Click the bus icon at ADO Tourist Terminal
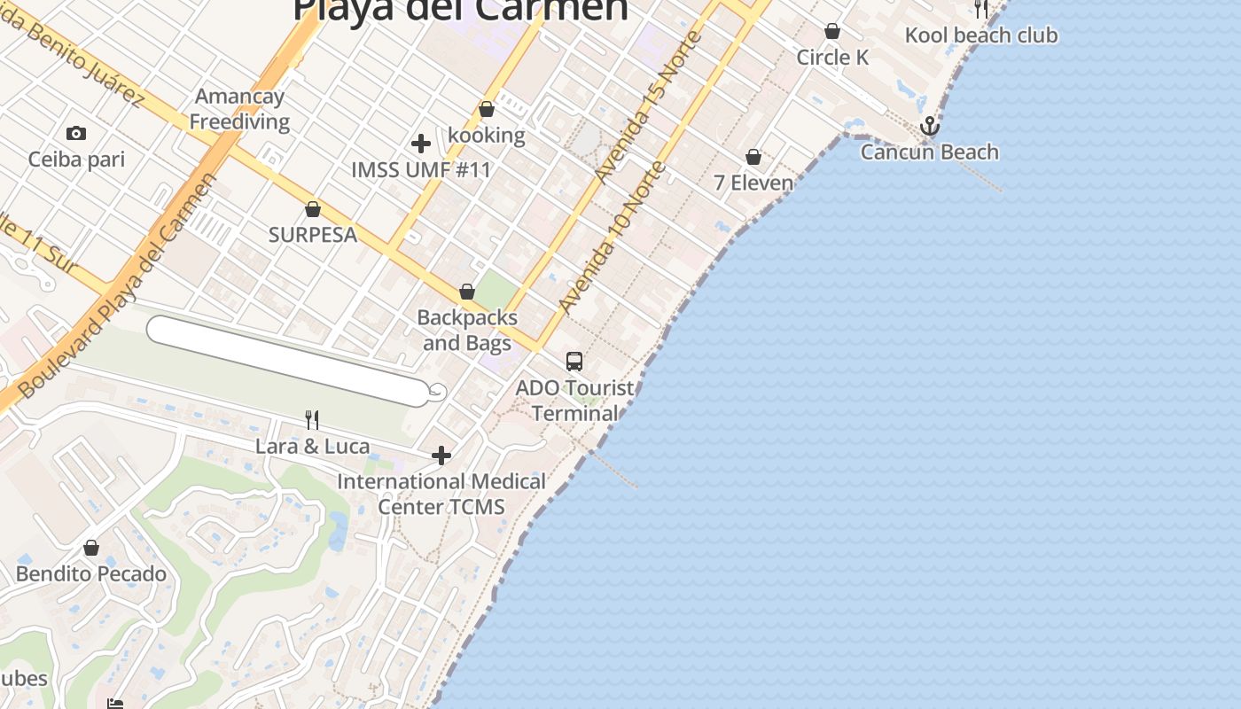pyautogui.click(x=574, y=362)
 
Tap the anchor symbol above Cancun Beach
pyautogui.click(x=929, y=126)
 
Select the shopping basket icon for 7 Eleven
pyautogui.click(x=753, y=158)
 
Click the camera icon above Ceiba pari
pyautogui.click(x=76, y=134)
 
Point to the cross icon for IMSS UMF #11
pyautogui.click(x=421, y=144)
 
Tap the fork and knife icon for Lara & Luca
pyautogui.click(x=311, y=419)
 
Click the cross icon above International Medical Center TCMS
pyautogui.click(x=441, y=456)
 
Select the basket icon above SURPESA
pyautogui.click(x=313, y=210)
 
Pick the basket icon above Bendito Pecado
pyautogui.click(x=91, y=549)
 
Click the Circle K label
pyautogui.click(x=832, y=58)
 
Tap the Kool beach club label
pyautogui.click(x=981, y=35)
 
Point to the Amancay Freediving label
pyautogui.click(x=239, y=109)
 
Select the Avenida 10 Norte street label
pyautogui.click(x=612, y=238)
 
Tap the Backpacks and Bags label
pyautogui.click(x=467, y=330)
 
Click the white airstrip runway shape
pyautogui.click(x=288, y=361)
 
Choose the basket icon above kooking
pyautogui.click(x=487, y=110)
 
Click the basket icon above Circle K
pyautogui.click(x=832, y=32)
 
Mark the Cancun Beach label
pyautogui.click(x=929, y=152)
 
